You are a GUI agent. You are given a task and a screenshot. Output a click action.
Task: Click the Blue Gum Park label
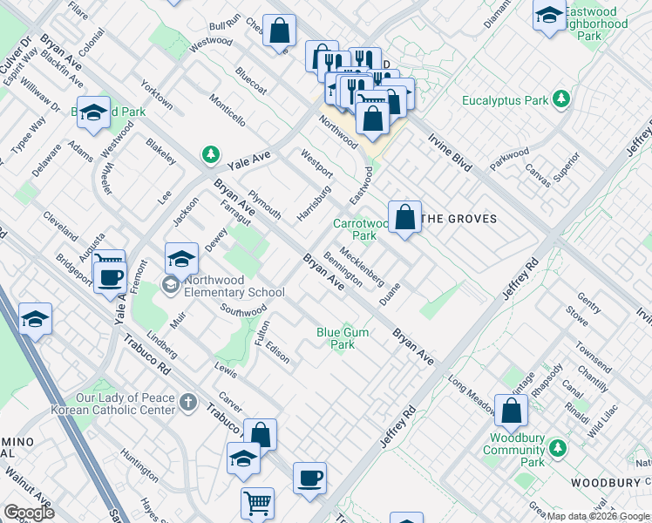pos(336,338)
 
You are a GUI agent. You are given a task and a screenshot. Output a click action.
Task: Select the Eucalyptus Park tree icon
pos(562,99)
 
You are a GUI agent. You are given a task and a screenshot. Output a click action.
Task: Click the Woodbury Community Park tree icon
pos(555,450)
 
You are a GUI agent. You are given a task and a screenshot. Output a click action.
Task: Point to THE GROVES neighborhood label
pos(458,219)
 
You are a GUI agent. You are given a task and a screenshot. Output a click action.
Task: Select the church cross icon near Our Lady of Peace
pos(188,403)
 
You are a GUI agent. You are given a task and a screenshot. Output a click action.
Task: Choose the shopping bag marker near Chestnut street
pos(279,32)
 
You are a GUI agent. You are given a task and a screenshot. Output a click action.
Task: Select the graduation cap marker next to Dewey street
pos(181,258)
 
